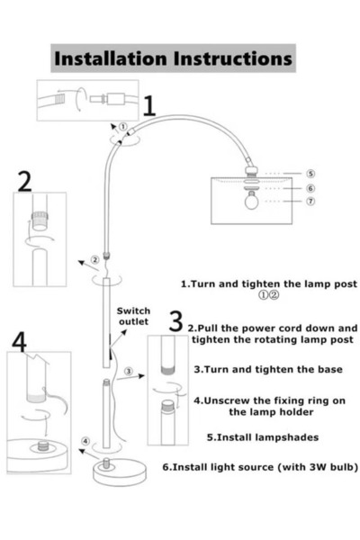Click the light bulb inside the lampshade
pos(251,201)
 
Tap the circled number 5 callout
pos(310,174)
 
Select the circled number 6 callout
pos(310,188)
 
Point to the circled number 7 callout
pos(310,201)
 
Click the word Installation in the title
pos(111,58)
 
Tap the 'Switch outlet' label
pos(133,316)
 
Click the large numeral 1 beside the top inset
pos(148,105)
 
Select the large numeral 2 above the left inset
pos(24,182)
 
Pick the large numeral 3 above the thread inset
pos(175,321)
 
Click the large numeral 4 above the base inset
pos(19,342)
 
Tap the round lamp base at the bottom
pos(120,472)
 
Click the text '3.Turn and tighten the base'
pos(268,370)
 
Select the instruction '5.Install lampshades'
pos(263,437)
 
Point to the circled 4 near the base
pos(85,441)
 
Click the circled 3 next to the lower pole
pos(129,371)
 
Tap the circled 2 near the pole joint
pos(95,260)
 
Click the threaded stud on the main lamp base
pos(106,463)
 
